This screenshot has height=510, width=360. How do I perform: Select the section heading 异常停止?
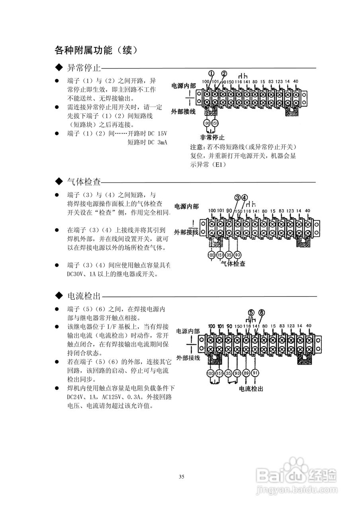(x=83, y=68)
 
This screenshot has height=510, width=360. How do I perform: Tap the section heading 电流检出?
(x=83, y=296)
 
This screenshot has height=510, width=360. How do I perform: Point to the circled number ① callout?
(x=211, y=74)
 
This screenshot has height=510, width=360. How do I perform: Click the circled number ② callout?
(x=224, y=74)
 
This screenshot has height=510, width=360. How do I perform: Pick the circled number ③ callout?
(x=237, y=197)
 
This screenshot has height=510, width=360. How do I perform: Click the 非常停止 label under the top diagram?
(x=213, y=137)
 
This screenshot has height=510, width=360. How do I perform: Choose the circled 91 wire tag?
(x=255, y=373)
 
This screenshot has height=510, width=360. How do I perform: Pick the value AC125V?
(x=110, y=397)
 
